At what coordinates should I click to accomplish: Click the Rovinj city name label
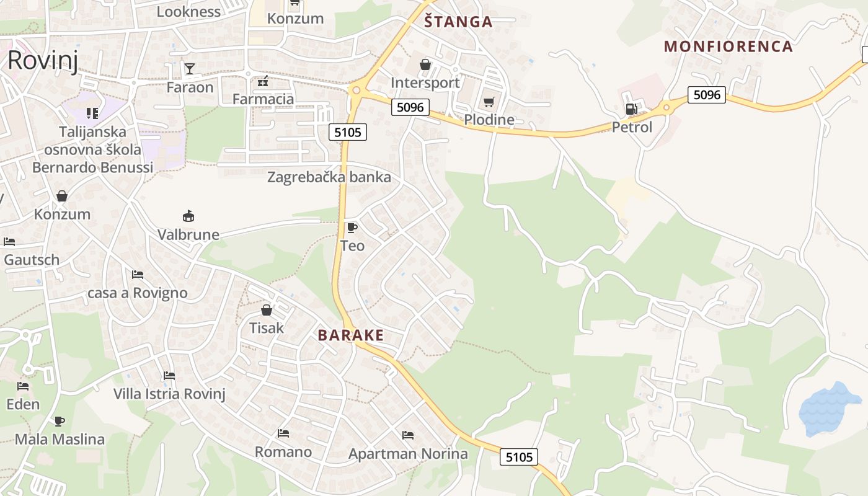(x=42, y=61)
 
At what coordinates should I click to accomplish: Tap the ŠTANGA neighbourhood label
(x=458, y=22)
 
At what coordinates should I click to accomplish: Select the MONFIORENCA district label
(x=728, y=46)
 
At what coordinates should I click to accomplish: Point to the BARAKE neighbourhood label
(x=350, y=335)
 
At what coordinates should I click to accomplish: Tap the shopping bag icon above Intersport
(x=425, y=64)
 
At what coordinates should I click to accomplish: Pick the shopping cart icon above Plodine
(x=489, y=102)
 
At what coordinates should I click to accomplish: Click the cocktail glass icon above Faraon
(x=190, y=68)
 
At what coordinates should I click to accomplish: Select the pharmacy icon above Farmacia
(x=263, y=81)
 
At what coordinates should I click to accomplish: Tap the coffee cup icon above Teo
(x=352, y=228)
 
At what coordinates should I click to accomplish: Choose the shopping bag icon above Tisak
(x=267, y=309)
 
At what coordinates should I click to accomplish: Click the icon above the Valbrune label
(x=188, y=216)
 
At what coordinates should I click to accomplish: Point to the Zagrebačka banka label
(x=329, y=177)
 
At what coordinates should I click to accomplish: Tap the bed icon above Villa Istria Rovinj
(x=169, y=376)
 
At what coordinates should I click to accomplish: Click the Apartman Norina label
(x=408, y=454)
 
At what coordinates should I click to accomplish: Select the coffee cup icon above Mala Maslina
(x=60, y=422)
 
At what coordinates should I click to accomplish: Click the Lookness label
(x=188, y=12)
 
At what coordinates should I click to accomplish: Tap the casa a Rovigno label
(x=138, y=293)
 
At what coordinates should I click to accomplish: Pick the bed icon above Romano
(x=283, y=433)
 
